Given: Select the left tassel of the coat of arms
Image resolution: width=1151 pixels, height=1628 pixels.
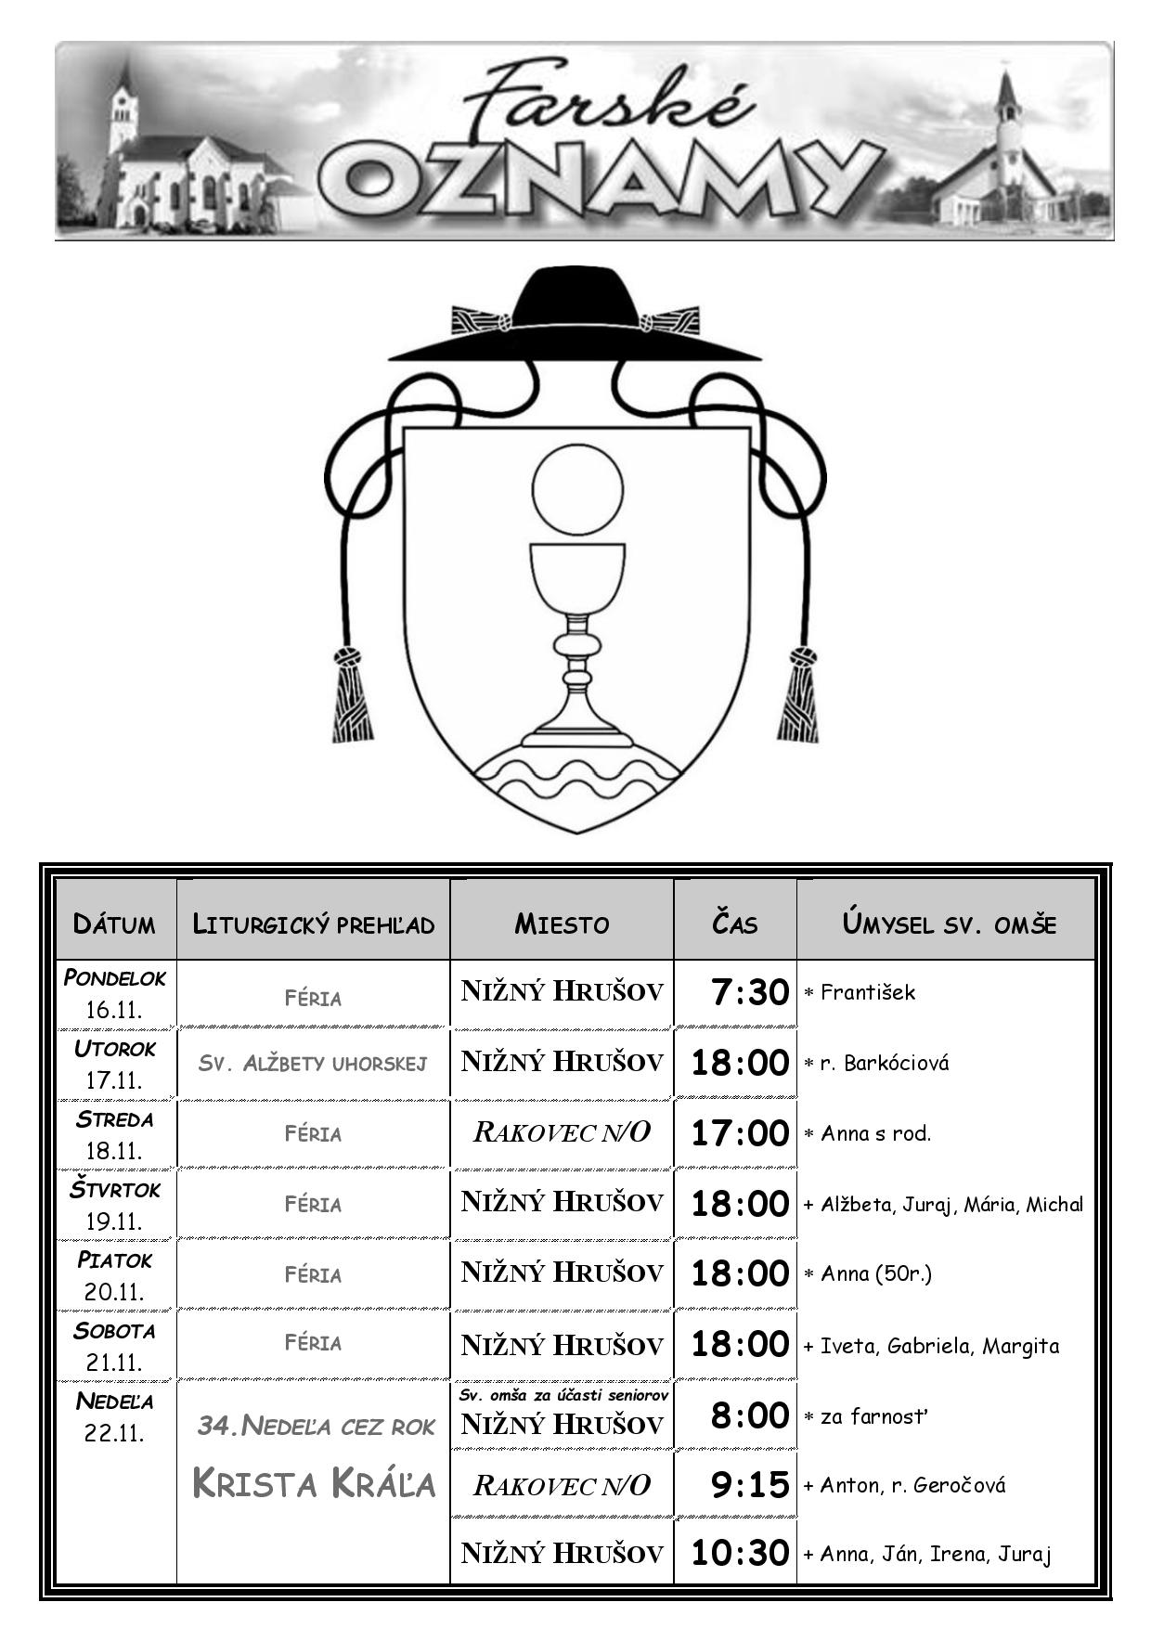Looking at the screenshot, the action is click(x=352, y=694).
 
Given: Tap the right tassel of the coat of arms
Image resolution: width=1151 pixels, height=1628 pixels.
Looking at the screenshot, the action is click(x=798, y=694).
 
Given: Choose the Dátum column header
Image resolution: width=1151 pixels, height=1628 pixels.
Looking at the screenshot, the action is click(x=115, y=924).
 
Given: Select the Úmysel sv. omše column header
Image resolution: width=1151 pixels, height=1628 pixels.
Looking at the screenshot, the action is click(x=949, y=924).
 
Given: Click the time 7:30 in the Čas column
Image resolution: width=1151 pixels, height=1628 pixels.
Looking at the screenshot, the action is click(x=750, y=992).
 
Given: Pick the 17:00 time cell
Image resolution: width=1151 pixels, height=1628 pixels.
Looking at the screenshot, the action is click(x=740, y=1133).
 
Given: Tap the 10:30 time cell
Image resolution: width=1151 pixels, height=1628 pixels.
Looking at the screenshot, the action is click(x=740, y=1552).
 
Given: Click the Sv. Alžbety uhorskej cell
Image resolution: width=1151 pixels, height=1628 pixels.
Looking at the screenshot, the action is click(x=313, y=1063).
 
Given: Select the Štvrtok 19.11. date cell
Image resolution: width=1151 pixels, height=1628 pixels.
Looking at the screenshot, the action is click(x=115, y=1205).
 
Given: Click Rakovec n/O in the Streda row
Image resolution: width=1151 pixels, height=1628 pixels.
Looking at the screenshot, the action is click(x=562, y=1132).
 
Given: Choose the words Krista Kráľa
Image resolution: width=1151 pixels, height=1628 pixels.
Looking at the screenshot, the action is click(x=314, y=1483).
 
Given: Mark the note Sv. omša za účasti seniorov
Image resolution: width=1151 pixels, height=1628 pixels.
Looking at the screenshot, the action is click(x=563, y=1395).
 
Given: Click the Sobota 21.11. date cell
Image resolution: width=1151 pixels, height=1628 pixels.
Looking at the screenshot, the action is click(x=115, y=1346).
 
